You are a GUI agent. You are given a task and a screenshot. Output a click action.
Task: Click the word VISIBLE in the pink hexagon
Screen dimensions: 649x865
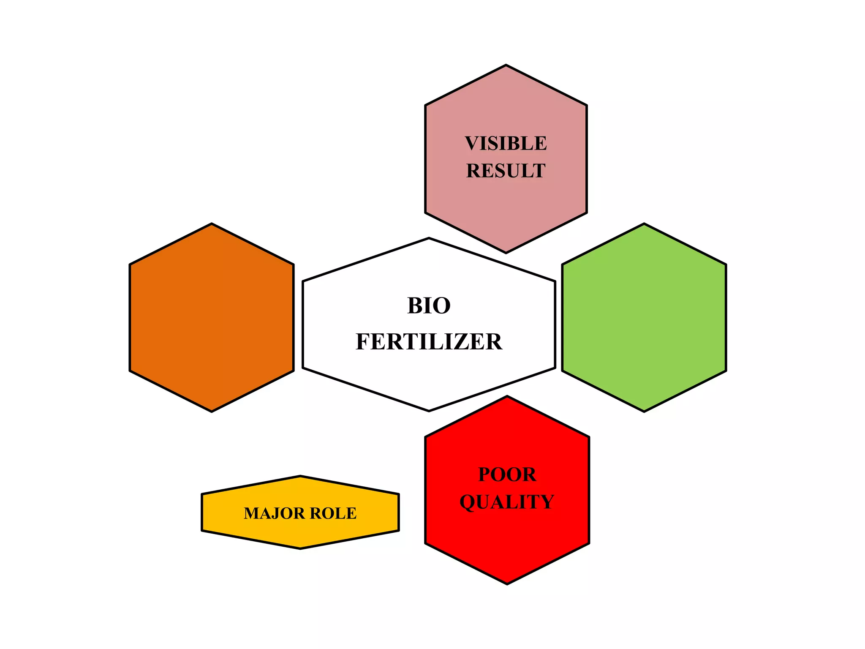coord(506,144)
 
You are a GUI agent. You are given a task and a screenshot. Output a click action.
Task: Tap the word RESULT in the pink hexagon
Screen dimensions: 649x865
coord(506,171)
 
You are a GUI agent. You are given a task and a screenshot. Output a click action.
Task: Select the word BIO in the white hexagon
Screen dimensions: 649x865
coord(429,305)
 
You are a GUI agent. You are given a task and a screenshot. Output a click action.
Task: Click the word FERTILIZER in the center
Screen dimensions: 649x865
coord(429,342)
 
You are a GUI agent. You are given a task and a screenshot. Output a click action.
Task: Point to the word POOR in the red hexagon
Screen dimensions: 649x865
coord(507,474)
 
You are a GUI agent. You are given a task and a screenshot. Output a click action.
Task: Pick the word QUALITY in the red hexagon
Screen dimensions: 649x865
coord(507,502)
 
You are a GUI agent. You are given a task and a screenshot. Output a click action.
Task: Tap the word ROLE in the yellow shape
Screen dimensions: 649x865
coord(333,513)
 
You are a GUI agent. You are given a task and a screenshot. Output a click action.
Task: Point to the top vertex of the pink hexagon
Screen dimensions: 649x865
coord(506,65)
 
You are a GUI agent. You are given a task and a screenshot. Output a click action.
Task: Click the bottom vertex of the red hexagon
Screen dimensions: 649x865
coord(507,584)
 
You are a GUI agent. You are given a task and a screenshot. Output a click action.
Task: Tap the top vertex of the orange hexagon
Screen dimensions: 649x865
coord(212,224)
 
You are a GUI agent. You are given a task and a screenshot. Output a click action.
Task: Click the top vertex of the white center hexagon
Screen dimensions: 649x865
coord(429,238)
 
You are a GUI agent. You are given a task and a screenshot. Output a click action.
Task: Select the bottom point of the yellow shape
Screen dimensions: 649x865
coord(300,548)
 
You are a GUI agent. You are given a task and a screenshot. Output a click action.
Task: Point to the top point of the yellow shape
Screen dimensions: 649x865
coord(300,476)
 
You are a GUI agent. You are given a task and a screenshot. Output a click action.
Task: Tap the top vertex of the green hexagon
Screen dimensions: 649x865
coord(644,224)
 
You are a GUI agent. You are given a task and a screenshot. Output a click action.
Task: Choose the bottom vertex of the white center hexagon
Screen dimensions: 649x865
coord(429,411)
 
